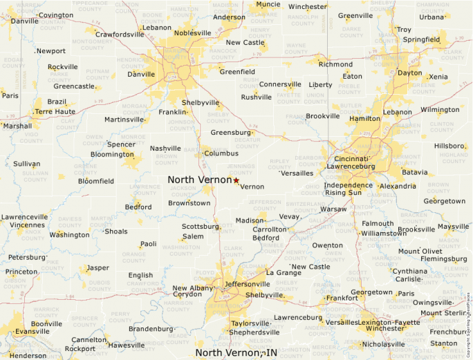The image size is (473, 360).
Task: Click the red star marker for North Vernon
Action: click(x=236, y=180)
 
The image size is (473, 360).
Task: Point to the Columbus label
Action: click(x=221, y=153)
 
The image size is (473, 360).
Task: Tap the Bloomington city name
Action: click(x=112, y=154)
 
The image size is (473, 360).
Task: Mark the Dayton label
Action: click(x=409, y=73)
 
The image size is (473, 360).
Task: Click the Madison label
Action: click(x=250, y=220)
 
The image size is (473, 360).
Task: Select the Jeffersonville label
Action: click(x=247, y=283)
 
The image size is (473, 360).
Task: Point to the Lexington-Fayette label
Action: click(x=388, y=323)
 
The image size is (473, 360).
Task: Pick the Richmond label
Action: click(x=335, y=64)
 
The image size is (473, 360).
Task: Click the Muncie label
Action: click(x=268, y=4)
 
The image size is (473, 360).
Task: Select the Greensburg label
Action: click(x=230, y=132)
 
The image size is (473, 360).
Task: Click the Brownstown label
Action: click(x=189, y=203)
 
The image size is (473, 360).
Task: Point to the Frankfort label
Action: click(x=342, y=298)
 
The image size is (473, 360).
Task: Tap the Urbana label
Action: click(x=432, y=17)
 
